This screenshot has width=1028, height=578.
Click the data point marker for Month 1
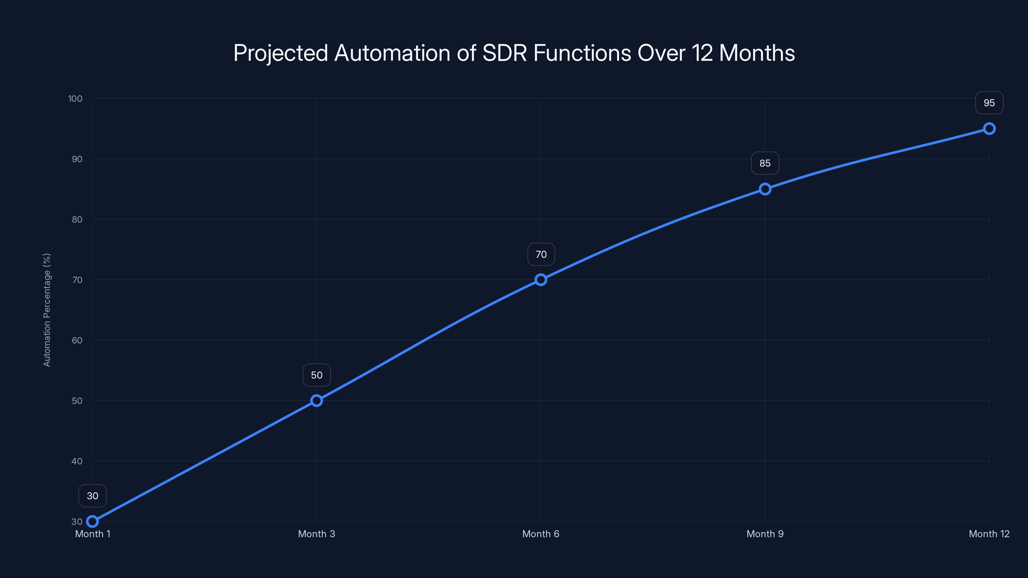pyautogui.click(x=93, y=521)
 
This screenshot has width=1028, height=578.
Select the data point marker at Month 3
pyautogui.click(x=316, y=400)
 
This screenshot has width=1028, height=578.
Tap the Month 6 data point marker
pyautogui.click(x=541, y=280)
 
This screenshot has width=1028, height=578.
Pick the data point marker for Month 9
pyautogui.click(x=765, y=189)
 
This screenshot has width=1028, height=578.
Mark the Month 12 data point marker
pyautogui.click(x=989, y=128)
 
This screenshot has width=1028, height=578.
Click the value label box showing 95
pyautogui.click(x=989, y=103)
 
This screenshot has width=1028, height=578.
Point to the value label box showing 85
pyautogui.click(x=765, y=163)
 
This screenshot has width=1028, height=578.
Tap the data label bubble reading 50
pyautogui.click(x=316, y=375)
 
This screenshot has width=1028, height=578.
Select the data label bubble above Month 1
pyautogui.click(x=93, y=496)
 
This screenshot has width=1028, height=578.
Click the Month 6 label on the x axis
pyautogui.click(x=541, y=534)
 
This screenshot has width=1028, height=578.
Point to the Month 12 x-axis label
pyautogui.click(x=989, y=534)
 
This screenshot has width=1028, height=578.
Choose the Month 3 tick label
pyautogui.click(x=316, y=534)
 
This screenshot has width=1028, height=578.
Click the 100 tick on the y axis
pyautogui.click(x=75, y=99)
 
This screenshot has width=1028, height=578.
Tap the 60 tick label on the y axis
pyautogui.click(x=77, y=340)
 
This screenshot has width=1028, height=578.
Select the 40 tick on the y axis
pyautogui.click(x=77, y=461)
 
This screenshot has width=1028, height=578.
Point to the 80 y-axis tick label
pyautogui.click(x=77, y=219)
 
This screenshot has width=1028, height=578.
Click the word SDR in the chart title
pyautogui.click(x=505, y=53)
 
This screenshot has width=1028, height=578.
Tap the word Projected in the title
pyautogui.click(x=280, y=53)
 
